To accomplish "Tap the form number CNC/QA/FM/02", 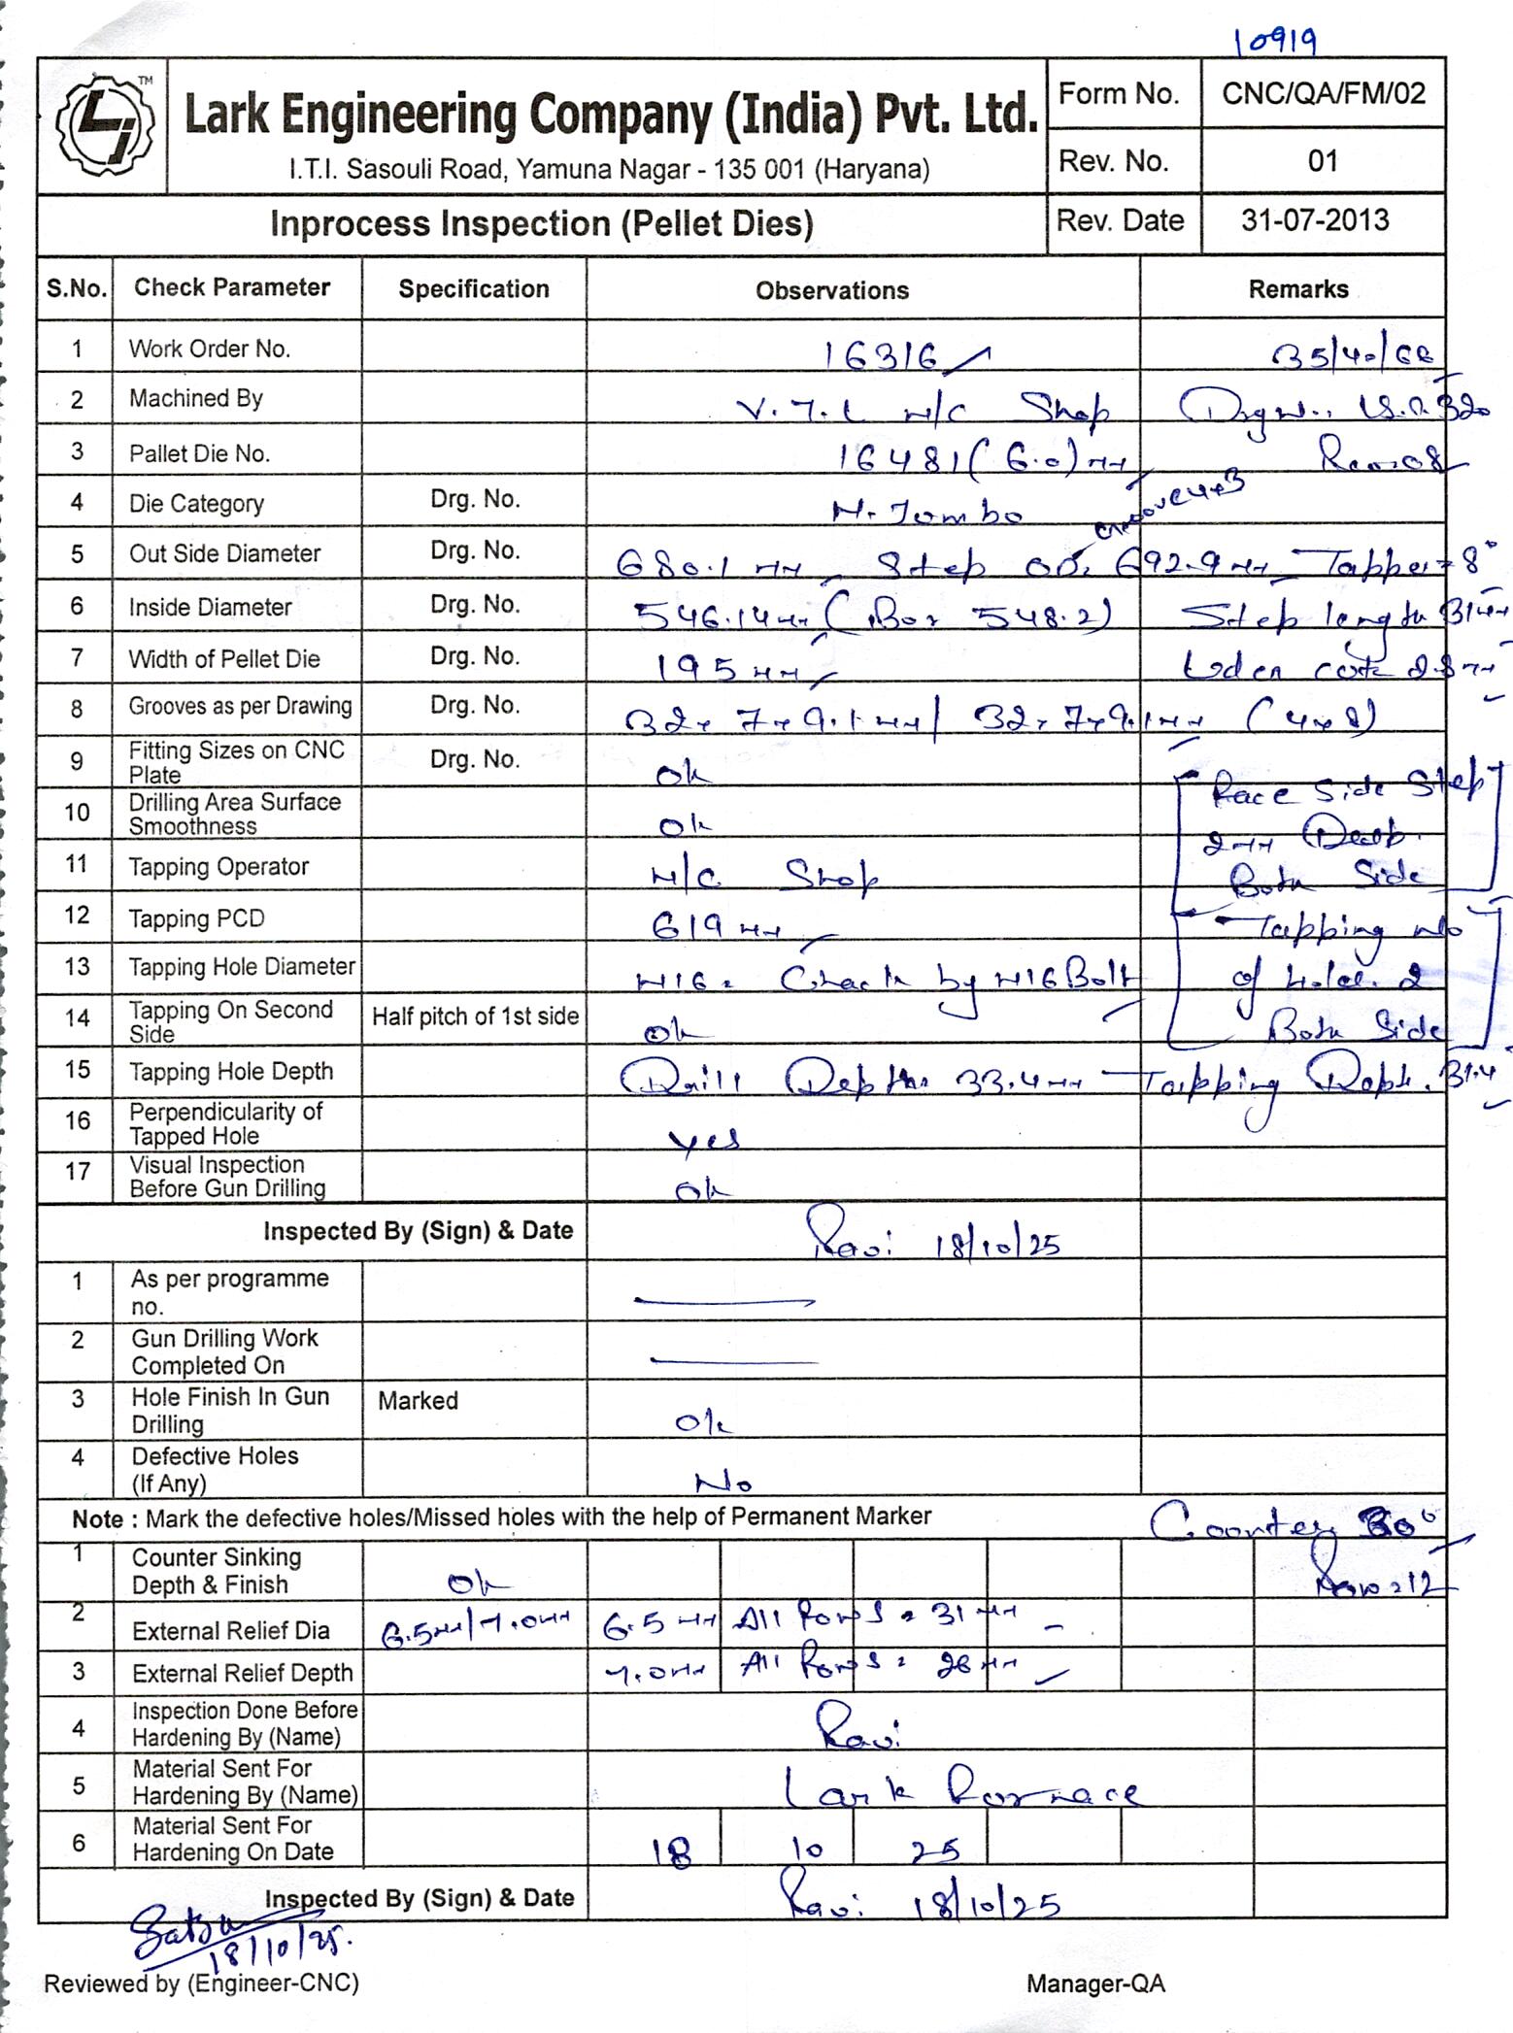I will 1323,93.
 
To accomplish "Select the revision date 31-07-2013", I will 1315,220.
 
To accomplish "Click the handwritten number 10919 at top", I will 1275,41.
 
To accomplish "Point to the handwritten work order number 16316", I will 884,356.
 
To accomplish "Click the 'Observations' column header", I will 832,290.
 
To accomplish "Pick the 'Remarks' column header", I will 1297,289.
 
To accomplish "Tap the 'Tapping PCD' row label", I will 197,918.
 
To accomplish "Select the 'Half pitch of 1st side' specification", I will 475,1016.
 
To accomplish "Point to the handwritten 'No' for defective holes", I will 723,1483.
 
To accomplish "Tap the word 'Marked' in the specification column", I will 418,1400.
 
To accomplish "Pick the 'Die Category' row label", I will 196,504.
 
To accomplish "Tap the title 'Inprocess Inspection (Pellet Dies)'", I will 541,224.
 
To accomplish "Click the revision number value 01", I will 1323,161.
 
